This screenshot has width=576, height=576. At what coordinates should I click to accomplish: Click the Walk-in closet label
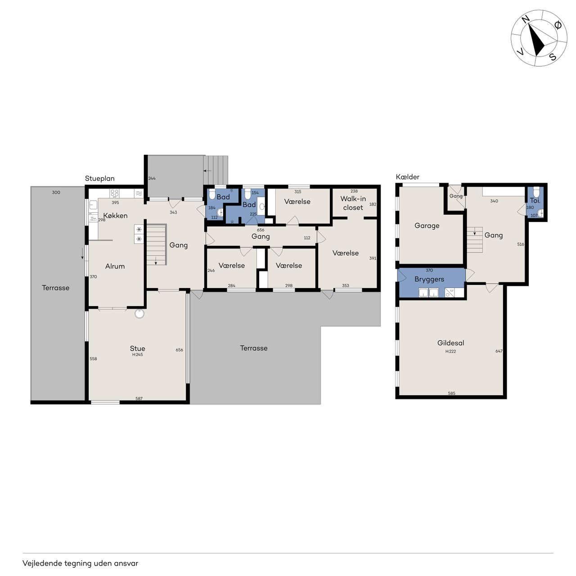tap(353, 203)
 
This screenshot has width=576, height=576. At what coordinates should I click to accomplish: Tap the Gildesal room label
tap(450, 343)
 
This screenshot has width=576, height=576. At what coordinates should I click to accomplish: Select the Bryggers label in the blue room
tap(429, 279)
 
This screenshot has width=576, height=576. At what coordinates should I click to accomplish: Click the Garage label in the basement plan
tap(427, 226)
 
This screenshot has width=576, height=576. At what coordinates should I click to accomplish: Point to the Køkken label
tap(115, 216)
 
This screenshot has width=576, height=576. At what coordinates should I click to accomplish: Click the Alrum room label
tap(115, 266)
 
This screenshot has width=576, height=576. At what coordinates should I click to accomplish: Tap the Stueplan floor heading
tap(99, 179)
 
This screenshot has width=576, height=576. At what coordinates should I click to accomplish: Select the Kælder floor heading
tap(407, 177)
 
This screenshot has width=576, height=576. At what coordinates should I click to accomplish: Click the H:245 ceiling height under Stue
tap(138, 355)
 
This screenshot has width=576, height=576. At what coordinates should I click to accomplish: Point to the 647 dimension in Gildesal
tap(499, 351)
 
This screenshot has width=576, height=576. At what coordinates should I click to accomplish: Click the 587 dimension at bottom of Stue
tap(139, 398)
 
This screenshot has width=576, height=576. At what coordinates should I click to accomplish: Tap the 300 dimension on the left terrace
tap(56, 192)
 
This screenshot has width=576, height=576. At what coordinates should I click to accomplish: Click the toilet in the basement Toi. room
tap(536, 192)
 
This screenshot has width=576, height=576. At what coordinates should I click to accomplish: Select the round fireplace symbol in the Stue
tap(139, 313)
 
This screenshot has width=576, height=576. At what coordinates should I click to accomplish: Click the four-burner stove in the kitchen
tap(114, 193)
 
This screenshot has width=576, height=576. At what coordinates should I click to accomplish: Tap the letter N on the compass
tap(526, 20)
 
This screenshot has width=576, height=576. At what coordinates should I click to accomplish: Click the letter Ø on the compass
tap(558, 25)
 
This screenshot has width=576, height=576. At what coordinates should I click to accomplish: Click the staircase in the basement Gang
tap(475, 240)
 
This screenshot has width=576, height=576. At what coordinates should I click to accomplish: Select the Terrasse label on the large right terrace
tap(253, 348)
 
